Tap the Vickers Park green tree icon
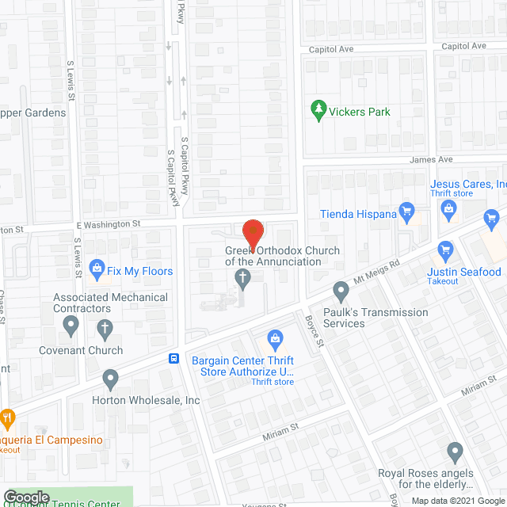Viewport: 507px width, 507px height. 319,112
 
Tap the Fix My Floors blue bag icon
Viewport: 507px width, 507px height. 97,269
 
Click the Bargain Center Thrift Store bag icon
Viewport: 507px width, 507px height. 276,340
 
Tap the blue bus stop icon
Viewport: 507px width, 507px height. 173,358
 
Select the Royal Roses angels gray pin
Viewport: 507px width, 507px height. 454,453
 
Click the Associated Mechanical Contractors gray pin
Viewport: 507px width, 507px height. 71,324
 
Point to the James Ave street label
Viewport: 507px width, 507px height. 431,159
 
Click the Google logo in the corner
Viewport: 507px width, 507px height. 25,496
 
